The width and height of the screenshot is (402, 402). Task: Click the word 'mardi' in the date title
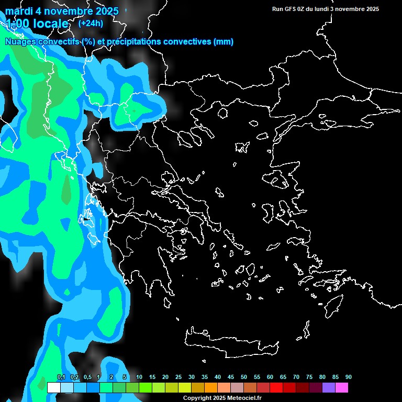19,11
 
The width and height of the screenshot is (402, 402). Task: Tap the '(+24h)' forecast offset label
91,23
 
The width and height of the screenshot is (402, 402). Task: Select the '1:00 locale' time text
38,24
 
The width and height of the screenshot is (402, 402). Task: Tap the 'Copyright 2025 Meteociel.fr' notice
222,398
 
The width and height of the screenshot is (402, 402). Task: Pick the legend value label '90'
348,377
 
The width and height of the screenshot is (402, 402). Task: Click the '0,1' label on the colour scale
61,377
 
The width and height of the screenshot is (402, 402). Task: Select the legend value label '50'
244,377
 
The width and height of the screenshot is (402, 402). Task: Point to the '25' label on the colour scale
178,377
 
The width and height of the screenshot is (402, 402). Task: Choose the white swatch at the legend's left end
53,387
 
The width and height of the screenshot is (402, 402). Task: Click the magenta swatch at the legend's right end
342,387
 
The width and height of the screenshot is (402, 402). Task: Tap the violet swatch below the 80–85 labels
329,387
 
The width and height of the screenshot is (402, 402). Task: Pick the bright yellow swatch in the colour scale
184,387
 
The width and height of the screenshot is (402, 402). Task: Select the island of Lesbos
280,181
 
